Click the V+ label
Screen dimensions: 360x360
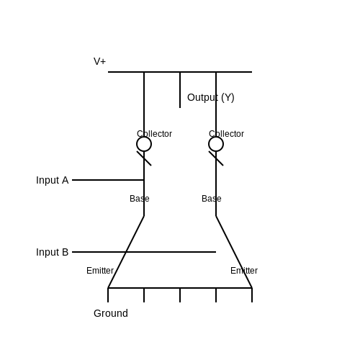click(99, 61)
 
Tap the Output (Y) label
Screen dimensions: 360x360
click(211, 97)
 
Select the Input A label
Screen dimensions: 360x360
click(53, 180)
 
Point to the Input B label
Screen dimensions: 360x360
click(53, 252)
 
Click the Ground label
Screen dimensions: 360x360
click(111, 313)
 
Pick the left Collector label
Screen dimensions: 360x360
click(154, 134)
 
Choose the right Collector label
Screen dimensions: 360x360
click(226, 134)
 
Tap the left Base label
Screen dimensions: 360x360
click(140, 199)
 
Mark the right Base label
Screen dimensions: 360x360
click(212, 199)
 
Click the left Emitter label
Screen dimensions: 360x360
click(100, 271)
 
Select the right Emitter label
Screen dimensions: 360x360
click(244, 271)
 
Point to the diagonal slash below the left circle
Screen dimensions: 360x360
click(144, 158)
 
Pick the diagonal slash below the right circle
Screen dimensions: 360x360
click(216, 158)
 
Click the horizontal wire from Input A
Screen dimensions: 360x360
click(108, 180)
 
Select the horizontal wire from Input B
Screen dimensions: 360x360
click(144, 252)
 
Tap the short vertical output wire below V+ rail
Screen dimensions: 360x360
click(180, 90)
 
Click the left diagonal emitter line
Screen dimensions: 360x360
click(126, 252)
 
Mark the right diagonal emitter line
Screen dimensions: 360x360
click(234, 252)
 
